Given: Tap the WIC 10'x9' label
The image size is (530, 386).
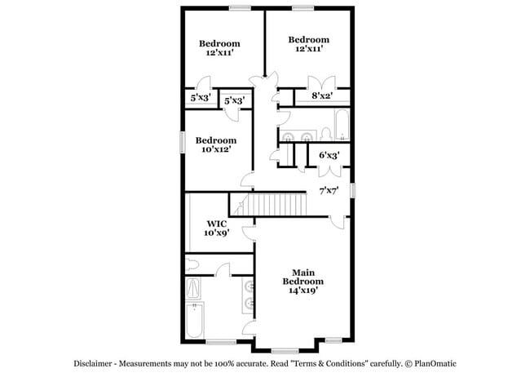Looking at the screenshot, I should click(x=216, y=228).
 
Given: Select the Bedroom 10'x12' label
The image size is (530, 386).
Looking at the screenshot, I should click(x=215, y=145).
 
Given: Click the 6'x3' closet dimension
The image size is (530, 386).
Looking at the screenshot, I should click(x=329, y=154).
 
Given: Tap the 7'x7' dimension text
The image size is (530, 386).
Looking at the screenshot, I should click(x=329, y=191).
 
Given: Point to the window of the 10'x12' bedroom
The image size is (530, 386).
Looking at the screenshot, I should click(x=182, y=141).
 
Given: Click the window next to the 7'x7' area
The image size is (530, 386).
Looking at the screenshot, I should click(x=353, y=190).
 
